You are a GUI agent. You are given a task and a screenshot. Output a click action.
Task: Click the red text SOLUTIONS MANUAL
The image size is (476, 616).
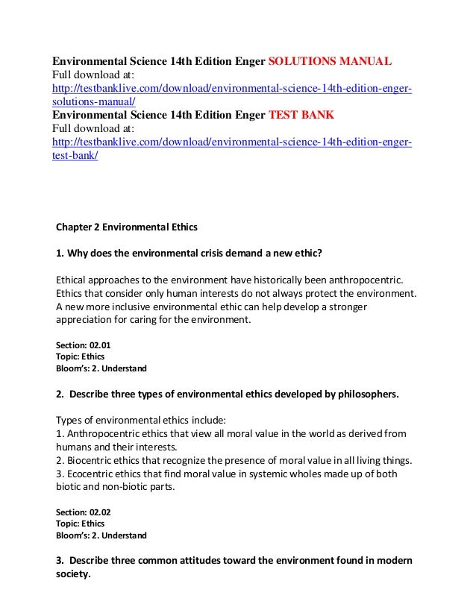[329, 60]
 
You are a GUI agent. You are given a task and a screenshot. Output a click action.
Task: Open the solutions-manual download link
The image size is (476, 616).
[231, 90]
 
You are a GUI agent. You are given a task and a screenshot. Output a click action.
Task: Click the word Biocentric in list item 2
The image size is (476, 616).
[93, 460]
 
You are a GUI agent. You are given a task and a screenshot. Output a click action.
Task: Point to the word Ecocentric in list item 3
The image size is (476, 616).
[93, 474]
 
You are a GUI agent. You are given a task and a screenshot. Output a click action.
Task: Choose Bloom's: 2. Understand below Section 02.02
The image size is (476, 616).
[101, 535]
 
